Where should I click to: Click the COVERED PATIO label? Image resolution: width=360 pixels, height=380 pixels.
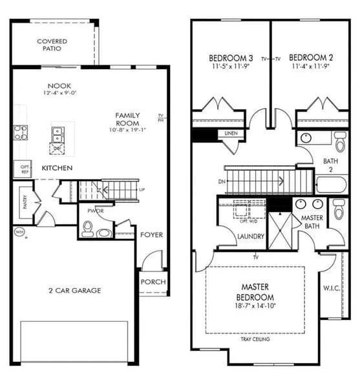point(52,45)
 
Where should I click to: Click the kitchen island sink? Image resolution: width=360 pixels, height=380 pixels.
point(57,134)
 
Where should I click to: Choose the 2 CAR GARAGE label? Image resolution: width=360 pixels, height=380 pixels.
point(75,291)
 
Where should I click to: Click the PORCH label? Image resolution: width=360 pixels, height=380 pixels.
point(153,282)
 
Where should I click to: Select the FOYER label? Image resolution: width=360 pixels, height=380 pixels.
point(151,235)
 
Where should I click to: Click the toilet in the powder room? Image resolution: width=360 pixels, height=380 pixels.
point(89,228)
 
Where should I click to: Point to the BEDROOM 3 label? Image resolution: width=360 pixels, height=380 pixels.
point(230,56)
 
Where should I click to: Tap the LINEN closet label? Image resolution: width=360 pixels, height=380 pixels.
point(231,134)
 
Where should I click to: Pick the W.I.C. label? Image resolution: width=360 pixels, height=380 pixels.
point(332,287)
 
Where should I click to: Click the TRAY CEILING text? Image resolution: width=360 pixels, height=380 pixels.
point(255,339)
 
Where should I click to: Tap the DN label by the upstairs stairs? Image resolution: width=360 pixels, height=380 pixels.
point(222,182)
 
